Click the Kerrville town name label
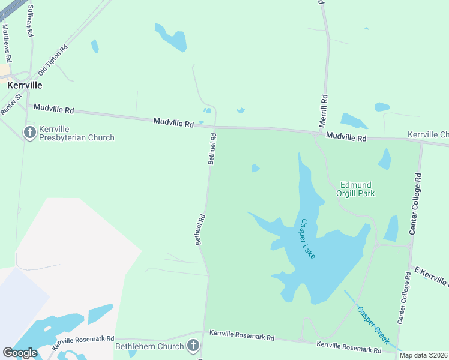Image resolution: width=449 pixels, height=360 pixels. [25, 85]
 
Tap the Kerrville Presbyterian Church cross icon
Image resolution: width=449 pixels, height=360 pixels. [30, 132]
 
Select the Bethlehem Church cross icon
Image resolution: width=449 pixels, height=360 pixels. [193, 346]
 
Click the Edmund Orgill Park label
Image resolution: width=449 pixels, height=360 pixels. [357, 189]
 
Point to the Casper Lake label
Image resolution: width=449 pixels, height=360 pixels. [307, 238]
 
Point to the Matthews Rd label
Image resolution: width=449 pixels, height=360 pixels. [7, 43]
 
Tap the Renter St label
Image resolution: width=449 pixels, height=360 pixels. [11, 104]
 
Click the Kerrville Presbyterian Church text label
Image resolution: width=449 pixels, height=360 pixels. [76, 133]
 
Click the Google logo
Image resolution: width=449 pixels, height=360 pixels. [20, 353]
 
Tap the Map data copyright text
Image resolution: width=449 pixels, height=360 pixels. [423, 355]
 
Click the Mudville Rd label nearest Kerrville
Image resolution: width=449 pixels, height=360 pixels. [53, 109]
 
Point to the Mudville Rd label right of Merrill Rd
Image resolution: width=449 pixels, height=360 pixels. [345, 137]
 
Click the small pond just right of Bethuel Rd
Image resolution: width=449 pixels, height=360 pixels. [255, 168]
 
